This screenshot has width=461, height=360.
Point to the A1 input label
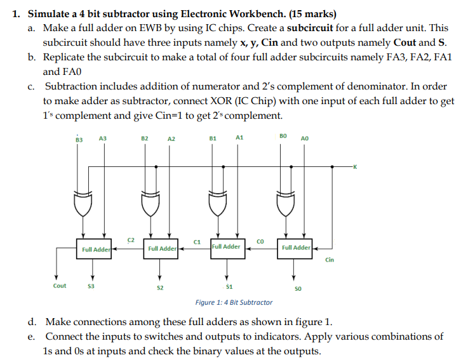pos(239,137)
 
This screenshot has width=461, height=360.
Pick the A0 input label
pos(305,137)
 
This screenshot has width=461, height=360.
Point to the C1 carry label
pos(197,242)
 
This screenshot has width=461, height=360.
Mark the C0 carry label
pos(260,241)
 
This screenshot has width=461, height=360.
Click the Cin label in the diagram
pos(330,260)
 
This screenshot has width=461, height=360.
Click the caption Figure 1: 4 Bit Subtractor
pos(234,302)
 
